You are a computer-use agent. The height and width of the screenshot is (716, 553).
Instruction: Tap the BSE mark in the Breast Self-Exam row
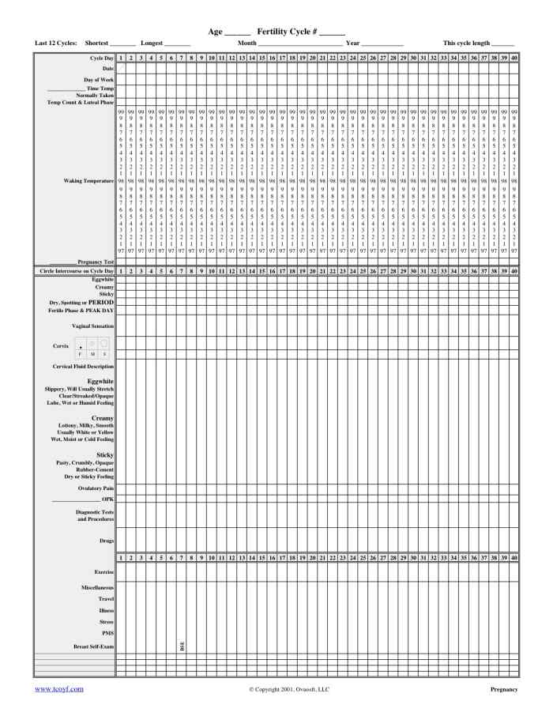click(182, 646)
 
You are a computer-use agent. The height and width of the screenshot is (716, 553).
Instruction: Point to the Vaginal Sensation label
click(92, 326)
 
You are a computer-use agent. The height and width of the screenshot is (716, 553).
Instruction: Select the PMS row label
click(106, 634)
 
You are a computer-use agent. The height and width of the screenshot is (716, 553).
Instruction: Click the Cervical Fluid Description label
click(73, 367)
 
